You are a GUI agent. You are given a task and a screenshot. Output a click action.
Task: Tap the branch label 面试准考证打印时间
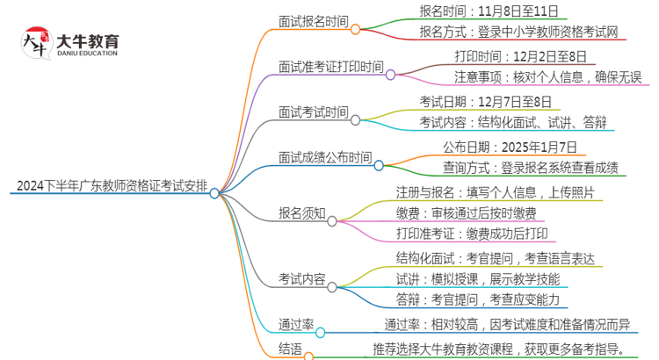[x=330, y=66]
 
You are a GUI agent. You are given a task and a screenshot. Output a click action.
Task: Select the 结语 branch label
[x=289, y=350]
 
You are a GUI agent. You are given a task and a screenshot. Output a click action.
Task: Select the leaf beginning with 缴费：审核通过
[x=471, y=213]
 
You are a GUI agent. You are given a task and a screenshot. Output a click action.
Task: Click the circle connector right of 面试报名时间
[x=356, y=29]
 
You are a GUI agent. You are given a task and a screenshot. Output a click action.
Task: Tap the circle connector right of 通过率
[x=321, y=334]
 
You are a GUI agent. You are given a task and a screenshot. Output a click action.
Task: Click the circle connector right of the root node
[x=214, y=193]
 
